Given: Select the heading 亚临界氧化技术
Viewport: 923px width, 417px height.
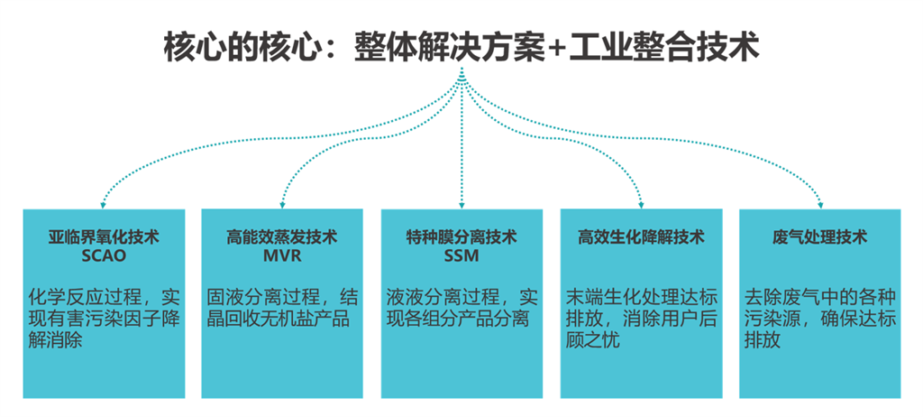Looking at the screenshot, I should click(104, 237).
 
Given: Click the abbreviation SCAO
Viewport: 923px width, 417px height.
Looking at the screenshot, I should click(104, 255).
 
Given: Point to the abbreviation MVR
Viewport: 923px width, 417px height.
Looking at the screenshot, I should click(281, 255).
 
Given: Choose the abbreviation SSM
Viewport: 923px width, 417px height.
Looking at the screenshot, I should click(461, 255).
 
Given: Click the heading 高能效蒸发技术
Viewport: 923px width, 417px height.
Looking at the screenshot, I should click(281, 237).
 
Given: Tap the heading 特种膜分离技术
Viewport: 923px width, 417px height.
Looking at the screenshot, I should click(461, 237).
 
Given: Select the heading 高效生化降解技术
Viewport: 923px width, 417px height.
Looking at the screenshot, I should click(641, 237).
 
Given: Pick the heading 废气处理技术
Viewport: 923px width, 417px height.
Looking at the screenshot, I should click(819, 237).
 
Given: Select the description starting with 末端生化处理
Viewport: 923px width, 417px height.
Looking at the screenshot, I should click(641, 319).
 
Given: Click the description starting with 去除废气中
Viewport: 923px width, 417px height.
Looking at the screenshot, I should click(819, 319).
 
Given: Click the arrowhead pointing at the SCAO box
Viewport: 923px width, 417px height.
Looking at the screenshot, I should click(103, 203).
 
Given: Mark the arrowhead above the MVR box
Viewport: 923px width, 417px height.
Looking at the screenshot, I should click(282, 203).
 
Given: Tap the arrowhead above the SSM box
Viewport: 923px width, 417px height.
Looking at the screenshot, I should click(461, 203).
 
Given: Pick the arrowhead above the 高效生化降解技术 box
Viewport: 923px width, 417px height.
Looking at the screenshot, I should click(641, 203).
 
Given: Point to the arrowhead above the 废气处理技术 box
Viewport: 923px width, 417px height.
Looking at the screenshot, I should click(819, 203).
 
